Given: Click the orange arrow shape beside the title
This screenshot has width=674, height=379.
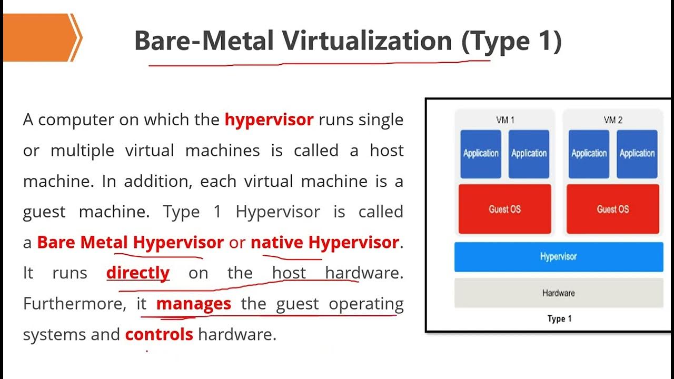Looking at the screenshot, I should (x=39, y=37).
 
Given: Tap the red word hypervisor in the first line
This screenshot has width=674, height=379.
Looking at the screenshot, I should (x=269, y=119).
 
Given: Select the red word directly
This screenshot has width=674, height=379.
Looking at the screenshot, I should (x=137, y=273).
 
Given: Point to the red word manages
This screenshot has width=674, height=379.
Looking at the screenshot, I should (x=193, y=304).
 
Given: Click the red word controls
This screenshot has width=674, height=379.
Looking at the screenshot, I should (x=159, y=334).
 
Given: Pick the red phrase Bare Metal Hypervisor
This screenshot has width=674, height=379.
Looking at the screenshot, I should (x=131, y=242).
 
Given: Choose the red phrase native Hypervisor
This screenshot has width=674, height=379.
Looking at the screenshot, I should (x=324, y=242).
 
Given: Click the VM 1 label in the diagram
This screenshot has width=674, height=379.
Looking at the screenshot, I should (x=505, y=120).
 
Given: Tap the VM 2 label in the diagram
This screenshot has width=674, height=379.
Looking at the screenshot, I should (x=613, y=120).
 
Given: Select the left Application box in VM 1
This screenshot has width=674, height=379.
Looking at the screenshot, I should (x=481, y=154).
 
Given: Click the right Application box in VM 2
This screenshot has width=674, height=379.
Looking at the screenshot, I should (x=637, y=154).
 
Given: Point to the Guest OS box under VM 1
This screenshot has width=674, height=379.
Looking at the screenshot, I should (x=504, y=209).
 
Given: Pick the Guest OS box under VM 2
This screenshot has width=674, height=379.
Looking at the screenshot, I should (x=612, y=209).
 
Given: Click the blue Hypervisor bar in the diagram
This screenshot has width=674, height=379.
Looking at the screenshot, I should (x=558, y=257).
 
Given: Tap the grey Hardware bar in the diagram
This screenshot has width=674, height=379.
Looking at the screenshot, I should (x=558, y=293).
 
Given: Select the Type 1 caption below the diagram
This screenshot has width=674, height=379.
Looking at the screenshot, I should (x=559, y=319).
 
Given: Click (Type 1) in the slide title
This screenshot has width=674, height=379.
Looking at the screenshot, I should (x=511, y=41).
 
